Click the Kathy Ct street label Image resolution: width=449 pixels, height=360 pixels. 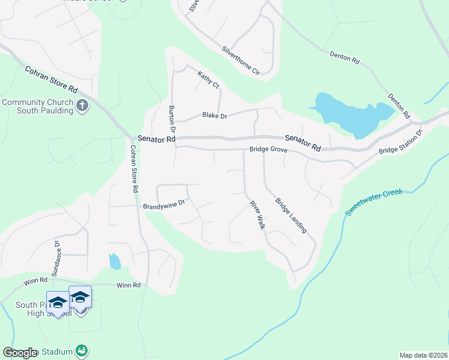pyautogui.click(x=208, y=80)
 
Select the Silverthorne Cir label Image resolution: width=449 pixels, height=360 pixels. pyautogui.click(x=240, y=61)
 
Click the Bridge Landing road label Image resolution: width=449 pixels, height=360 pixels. pyautogui.click(x=291, y=215)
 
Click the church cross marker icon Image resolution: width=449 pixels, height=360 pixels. pyautogui.click(x=83, y=106)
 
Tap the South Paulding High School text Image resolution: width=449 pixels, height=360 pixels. pyautogui.click(x=37, y=309)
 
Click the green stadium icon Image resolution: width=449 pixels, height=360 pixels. pyautogui.click(x=82, y=350)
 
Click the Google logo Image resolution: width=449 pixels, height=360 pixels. pyautogui.click(x=20, y=352)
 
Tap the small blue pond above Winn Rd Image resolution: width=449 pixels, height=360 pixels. pyautogui.click(x=114, y=261)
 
